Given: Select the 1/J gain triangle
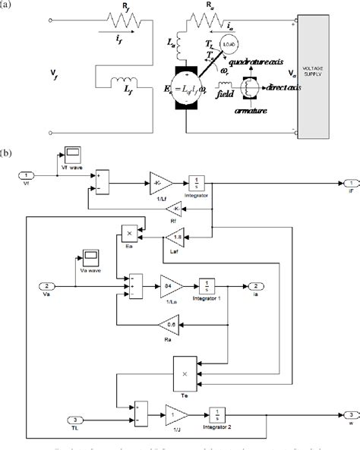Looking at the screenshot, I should [175, 415].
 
